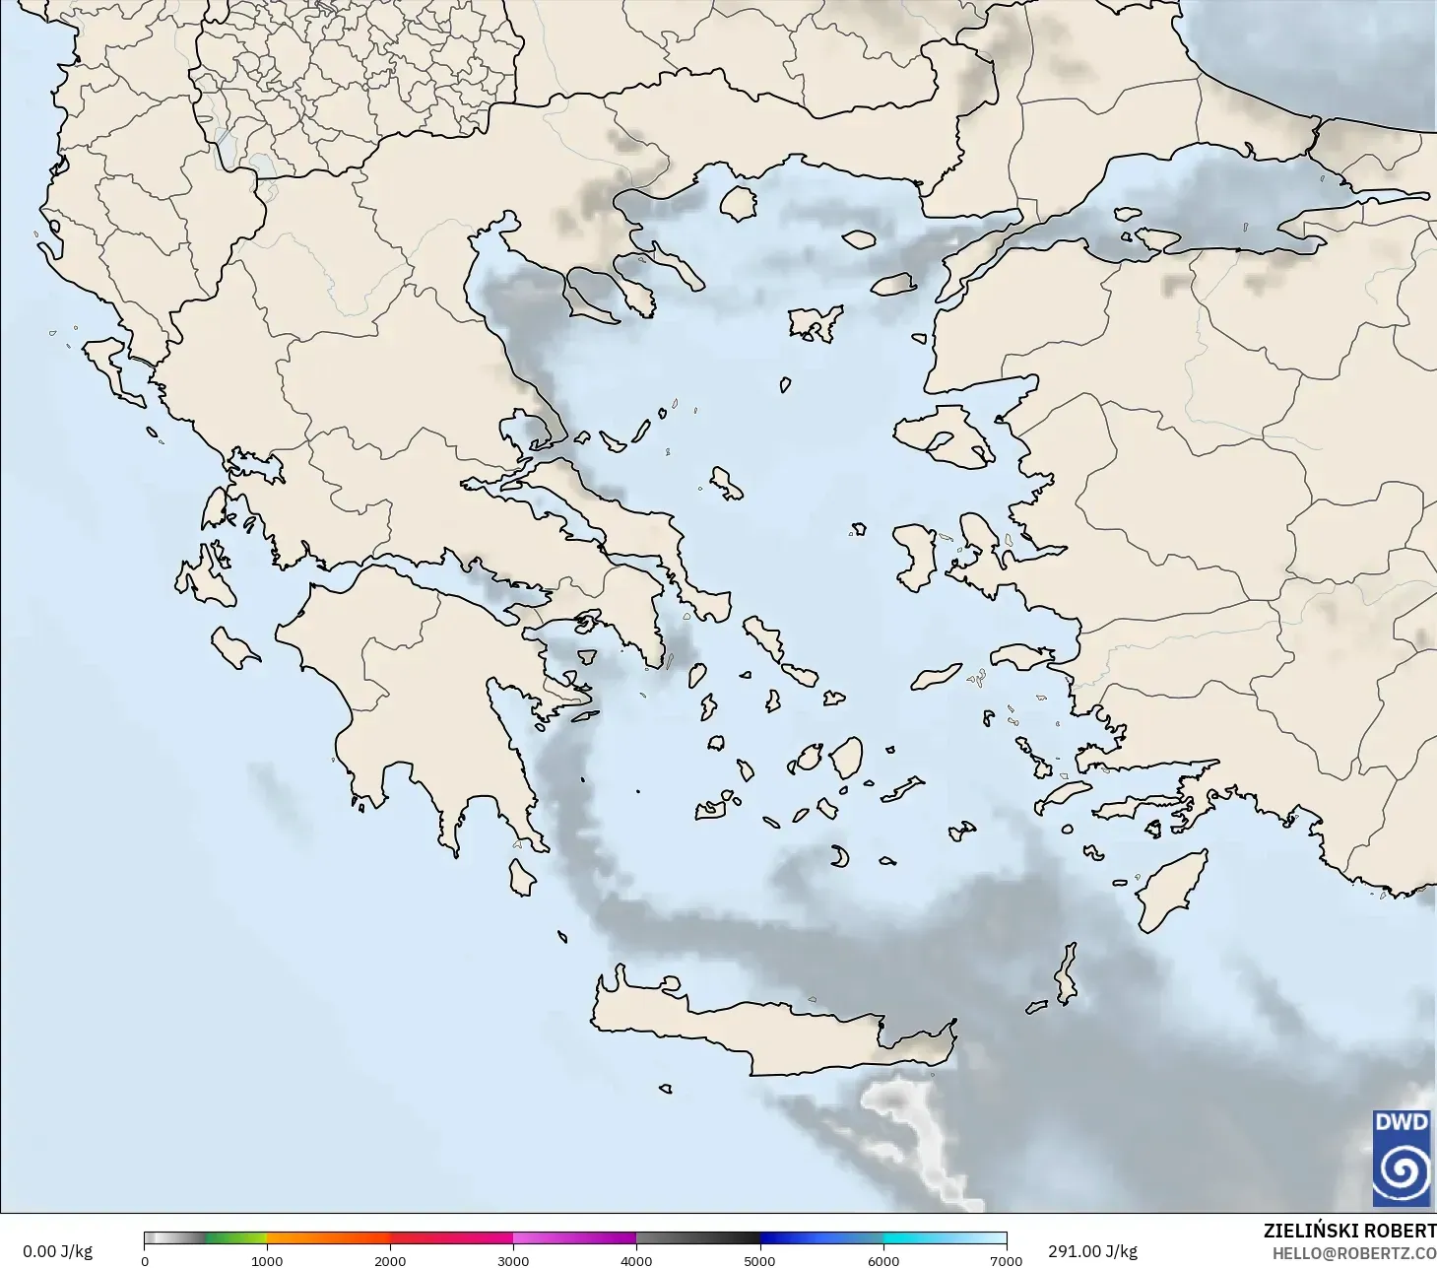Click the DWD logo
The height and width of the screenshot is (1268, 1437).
click(x=1402, y=1158)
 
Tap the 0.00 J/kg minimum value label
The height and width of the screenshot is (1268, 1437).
click(x=57, y=1251)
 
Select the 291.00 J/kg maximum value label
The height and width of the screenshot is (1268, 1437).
click(x=1092, y=1251)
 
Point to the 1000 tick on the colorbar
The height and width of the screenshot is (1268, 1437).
click(x=267, y=1260)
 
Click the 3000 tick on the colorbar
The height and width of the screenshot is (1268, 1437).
click(x=513, y=1260)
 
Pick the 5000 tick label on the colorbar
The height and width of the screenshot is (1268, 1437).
click(x=759, y=1260)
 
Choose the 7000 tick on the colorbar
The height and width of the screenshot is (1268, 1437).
click(x=1006, y=1260)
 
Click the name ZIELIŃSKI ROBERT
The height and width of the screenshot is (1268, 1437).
click(x=1349, y=1231)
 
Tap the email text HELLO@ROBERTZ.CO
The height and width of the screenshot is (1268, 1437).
click(x=1353, y=1253)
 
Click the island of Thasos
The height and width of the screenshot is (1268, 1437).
click(x=738, y=203)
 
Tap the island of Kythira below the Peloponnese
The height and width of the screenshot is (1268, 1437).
click(x=522, y=877)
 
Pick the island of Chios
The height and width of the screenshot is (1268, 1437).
click(x=916, y=557)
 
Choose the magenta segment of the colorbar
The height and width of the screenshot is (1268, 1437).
click(x=574, y=1238)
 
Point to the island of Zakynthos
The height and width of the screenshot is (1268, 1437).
click(x=235, y=647)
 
